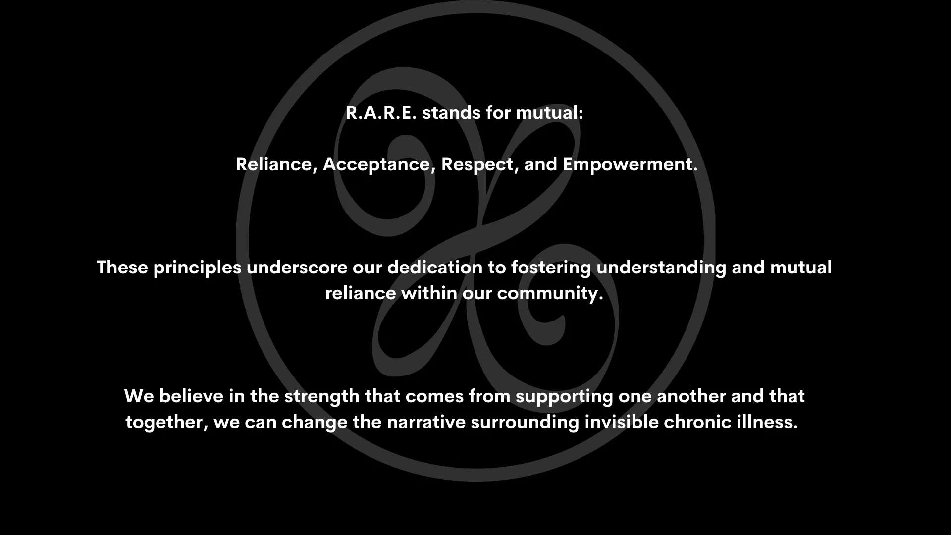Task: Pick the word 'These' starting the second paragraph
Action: coord(122,267)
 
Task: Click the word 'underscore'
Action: coord(297,267)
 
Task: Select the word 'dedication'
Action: coord(434,267)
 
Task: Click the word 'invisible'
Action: coord(621,422)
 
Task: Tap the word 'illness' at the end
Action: coord(770,422)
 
